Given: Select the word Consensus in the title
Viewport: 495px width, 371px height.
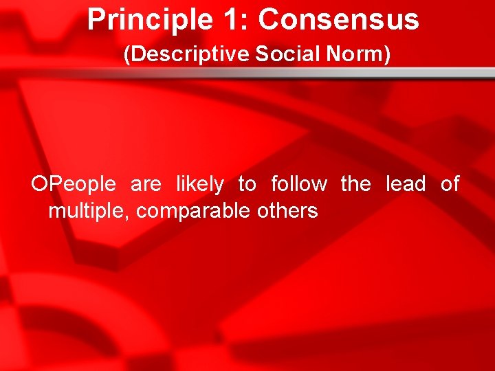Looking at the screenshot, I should coord(338,20).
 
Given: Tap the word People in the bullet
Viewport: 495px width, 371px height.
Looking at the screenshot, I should coord(83,184).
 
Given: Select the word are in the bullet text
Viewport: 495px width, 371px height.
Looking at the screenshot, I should coord(145,184).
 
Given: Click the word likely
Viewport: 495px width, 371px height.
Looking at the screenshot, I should coord(199,184).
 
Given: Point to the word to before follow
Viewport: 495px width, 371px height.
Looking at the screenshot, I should coord(247,184).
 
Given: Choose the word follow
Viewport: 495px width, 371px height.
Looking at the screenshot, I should coord(299,184).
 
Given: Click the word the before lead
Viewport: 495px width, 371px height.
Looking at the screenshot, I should coord(355,184).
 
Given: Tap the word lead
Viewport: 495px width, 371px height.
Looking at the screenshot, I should coord(406,184).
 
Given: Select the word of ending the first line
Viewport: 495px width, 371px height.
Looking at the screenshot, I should coord(450,184).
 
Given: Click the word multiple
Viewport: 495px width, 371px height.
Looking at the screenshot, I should coord(87,211).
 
